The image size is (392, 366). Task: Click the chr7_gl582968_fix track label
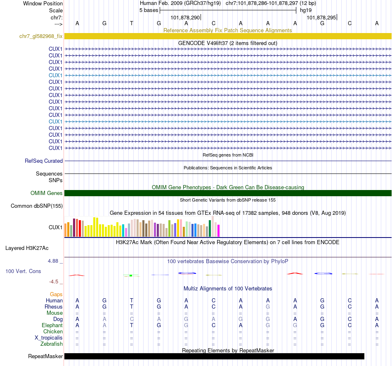click(41, 36)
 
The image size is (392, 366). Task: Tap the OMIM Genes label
click(47, 193)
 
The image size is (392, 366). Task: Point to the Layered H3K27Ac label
click(27, 248)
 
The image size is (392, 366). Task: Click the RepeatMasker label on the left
click(45, 356)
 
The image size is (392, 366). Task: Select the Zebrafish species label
click(52, 344)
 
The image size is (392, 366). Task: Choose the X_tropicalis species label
click(49, 338)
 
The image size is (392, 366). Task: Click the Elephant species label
click(52, 326)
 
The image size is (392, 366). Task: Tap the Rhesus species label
click(54, 307)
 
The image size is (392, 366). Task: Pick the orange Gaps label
click(56, 295)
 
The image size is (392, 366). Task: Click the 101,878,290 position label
click(185, 18)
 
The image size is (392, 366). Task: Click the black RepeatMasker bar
click(215, 356)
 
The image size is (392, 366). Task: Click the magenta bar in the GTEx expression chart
click(218, 231)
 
